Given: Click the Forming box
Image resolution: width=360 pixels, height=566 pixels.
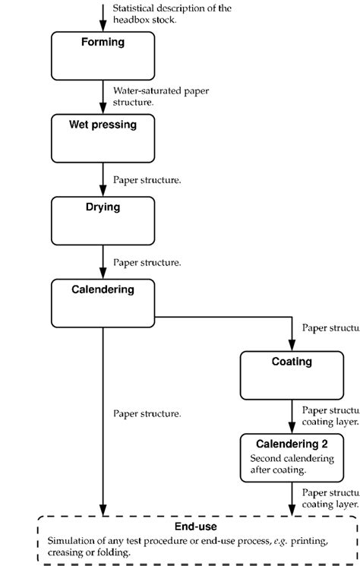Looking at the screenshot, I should point(103,55).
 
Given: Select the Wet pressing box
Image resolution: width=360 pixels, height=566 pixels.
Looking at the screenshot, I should point(103,138).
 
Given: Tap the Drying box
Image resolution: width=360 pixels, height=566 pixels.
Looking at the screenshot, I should point(103,220).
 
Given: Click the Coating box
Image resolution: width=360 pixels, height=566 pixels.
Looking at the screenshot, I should point(292,375).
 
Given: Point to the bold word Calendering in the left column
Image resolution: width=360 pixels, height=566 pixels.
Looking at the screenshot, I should point(103,289).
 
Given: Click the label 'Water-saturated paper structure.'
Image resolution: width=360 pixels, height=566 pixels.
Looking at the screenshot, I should point(160,96).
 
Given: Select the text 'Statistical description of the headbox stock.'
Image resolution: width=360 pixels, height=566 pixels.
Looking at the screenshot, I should point(171,14).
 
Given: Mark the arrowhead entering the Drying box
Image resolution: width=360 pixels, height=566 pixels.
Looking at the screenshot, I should point(103,191).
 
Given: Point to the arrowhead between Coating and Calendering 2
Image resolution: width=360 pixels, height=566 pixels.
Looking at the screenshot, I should point(292,427).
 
